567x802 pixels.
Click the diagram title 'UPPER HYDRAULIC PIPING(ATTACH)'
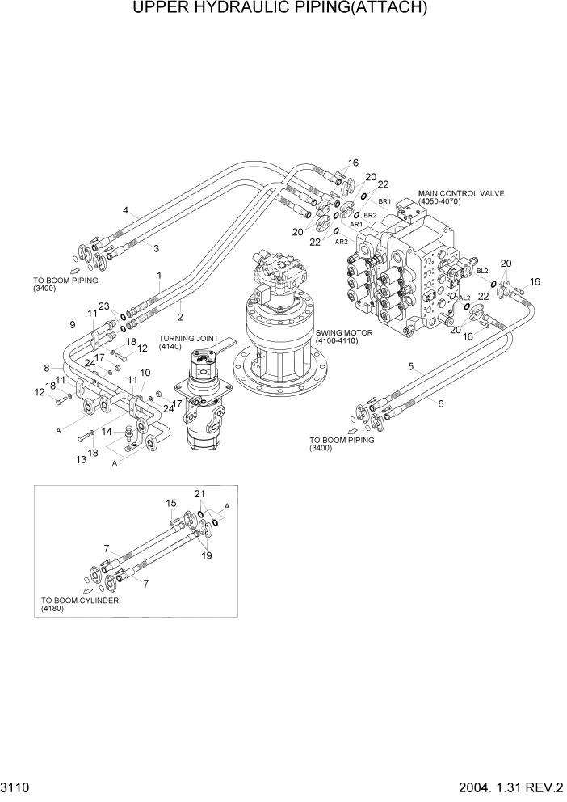[x=283, y=9]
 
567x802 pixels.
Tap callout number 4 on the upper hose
[x=125, y=211]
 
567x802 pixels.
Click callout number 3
[x=156, y=247]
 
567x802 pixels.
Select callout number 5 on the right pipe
[x=411, y=366]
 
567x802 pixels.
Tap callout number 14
[x=105, y=433]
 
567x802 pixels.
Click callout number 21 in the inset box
[x=199, y=493]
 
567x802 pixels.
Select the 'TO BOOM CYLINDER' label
[x=79, y=601]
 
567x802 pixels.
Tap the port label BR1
[x=384, y=201]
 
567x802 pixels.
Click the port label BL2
[x=482, y=271]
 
